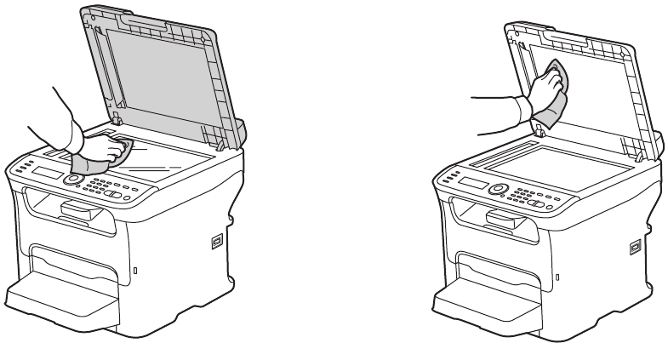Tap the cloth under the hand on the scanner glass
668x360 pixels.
(x=89, y=162)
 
